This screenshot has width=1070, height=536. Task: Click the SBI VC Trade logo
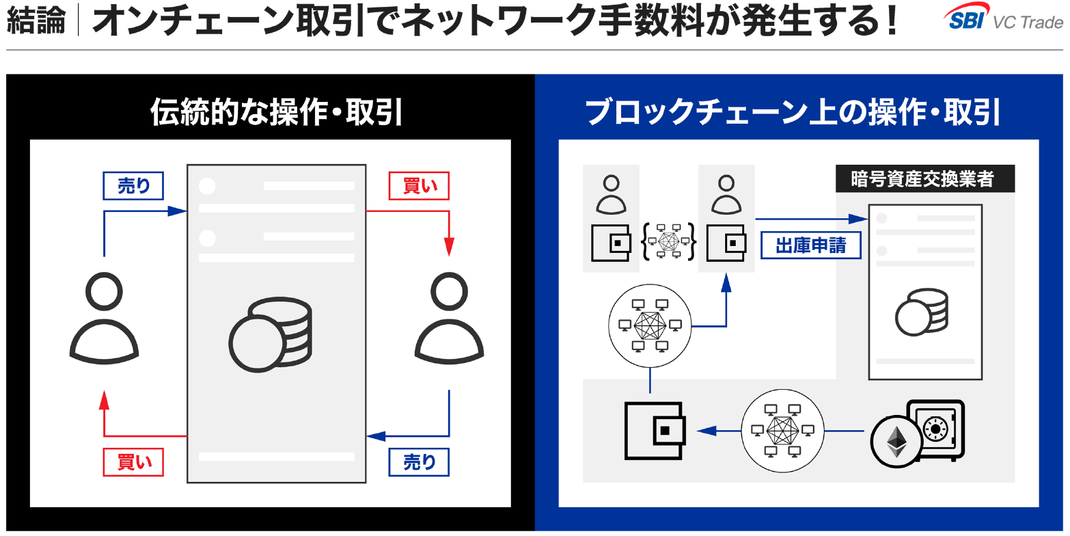point(1003,18)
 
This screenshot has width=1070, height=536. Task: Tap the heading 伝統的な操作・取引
point(277,112)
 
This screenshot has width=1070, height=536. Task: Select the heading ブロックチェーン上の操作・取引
point(793,112)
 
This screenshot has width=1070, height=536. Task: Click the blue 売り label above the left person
point(133,185)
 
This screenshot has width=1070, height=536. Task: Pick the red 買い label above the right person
point(419,185)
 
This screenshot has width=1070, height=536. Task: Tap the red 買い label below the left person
point(133,462)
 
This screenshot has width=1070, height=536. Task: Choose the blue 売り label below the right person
point(419,462)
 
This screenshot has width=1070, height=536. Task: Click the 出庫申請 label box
point(810,245)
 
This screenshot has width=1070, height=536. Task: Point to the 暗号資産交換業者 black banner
point(924,179)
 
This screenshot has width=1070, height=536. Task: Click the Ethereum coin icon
point(896,442)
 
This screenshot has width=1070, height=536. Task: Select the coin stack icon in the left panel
point(271,335)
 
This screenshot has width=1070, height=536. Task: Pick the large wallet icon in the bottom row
point(655,431)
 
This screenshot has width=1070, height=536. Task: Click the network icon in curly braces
point(668,241)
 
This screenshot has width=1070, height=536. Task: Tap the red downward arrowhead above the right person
point(449,246)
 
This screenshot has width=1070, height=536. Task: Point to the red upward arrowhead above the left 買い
point(104,400)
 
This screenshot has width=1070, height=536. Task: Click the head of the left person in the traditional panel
point(104,292)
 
